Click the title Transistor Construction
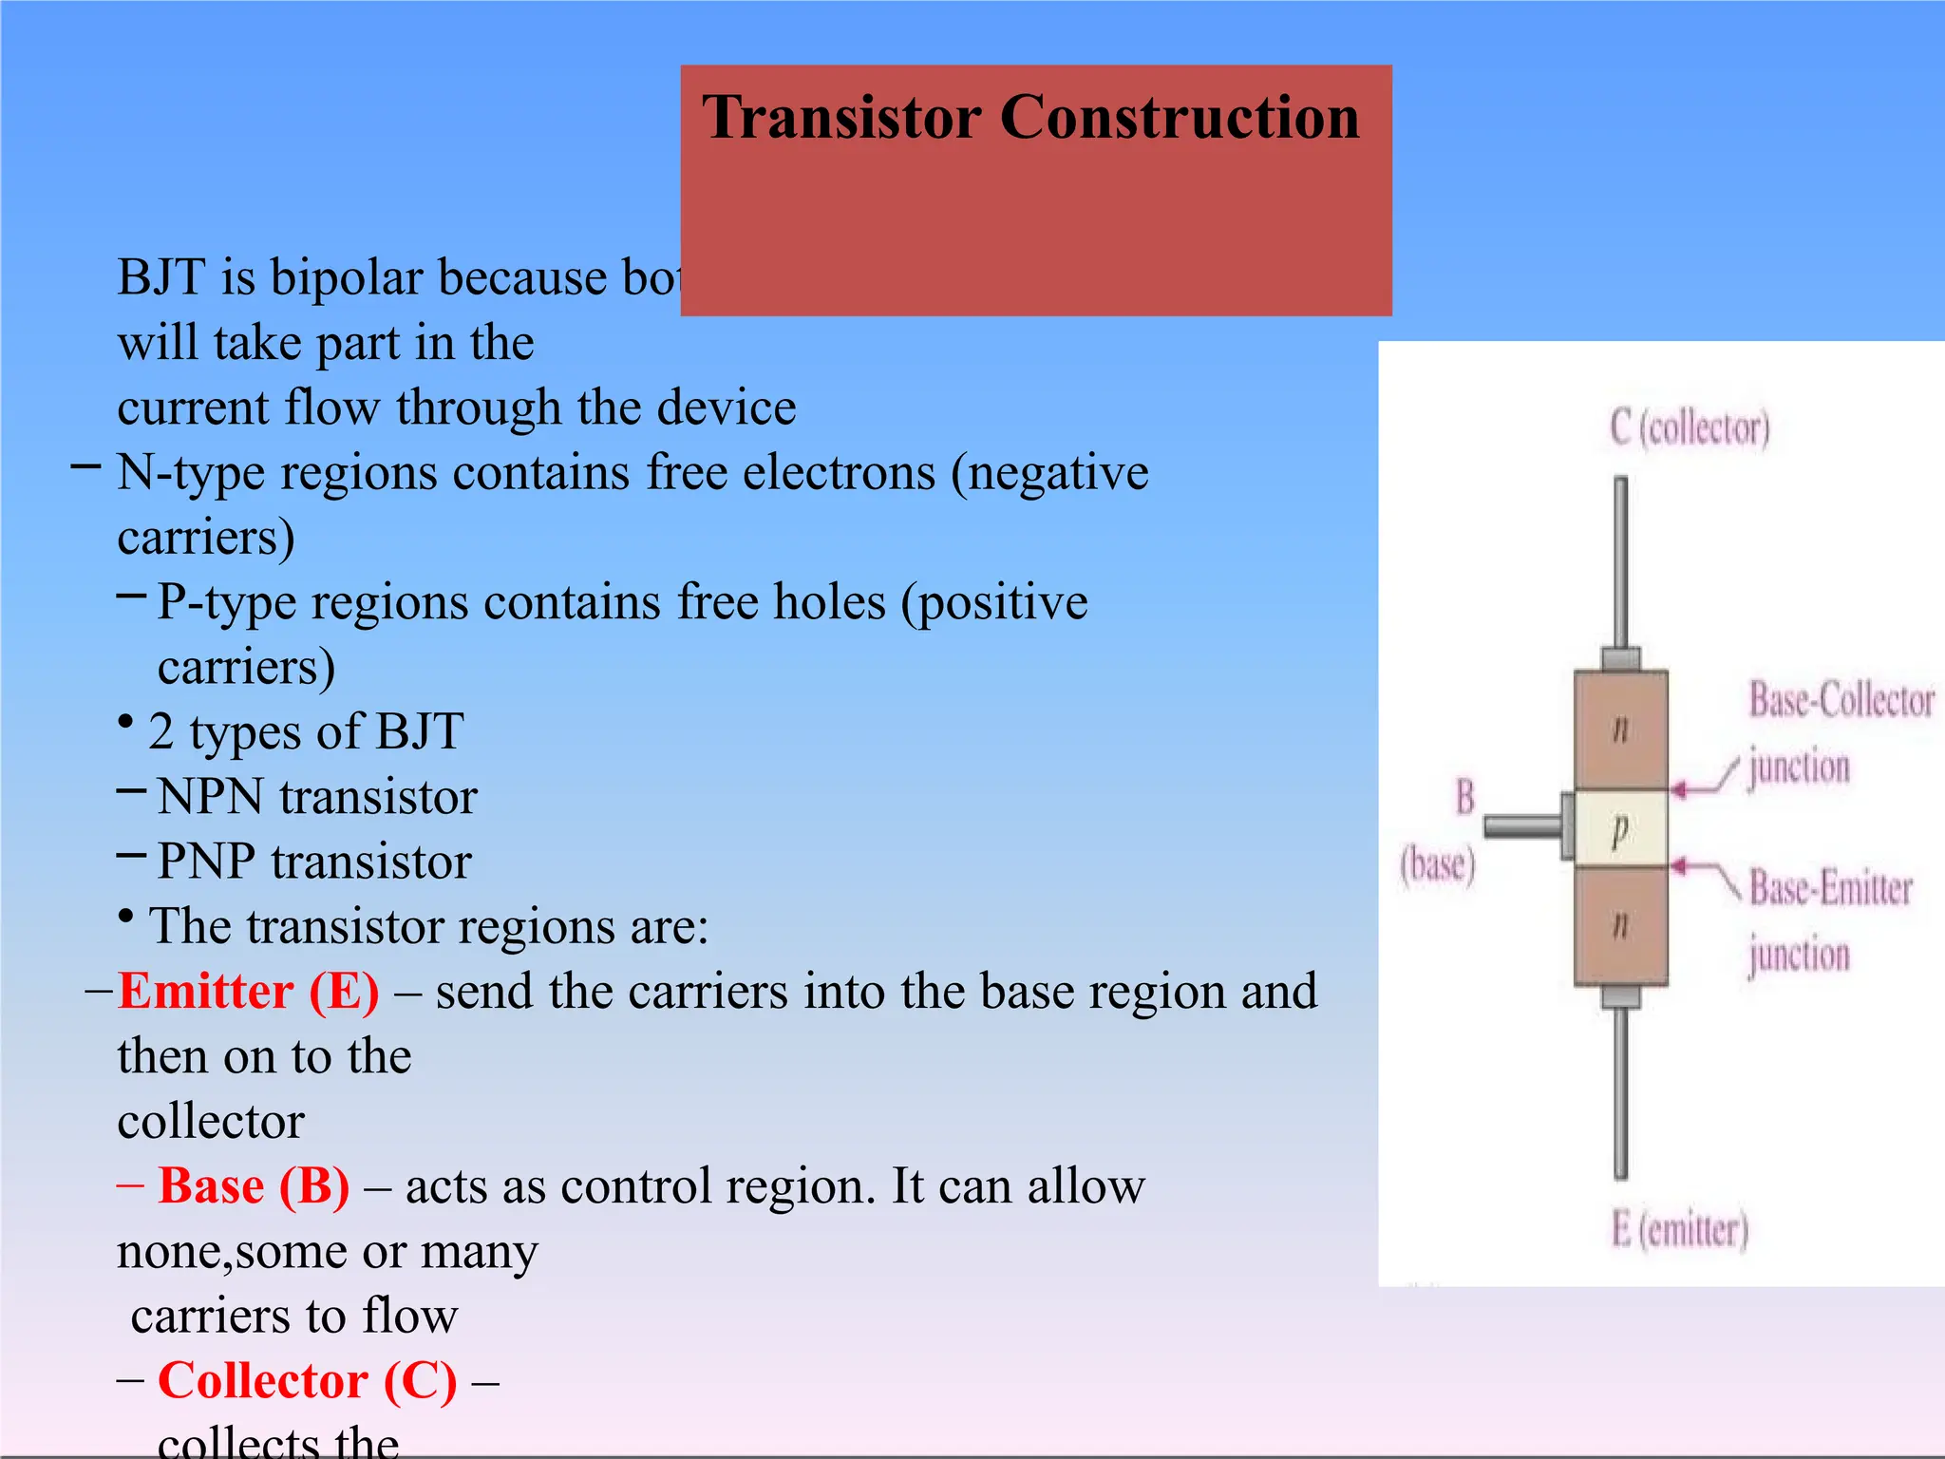[1030, 118]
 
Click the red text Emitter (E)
[249, 992]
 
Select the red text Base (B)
[254, 1186]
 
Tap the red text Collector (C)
[307, 1381]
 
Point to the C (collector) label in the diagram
[1690, 427]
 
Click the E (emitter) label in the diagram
[1679, 1230]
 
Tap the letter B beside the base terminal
[1465, 796]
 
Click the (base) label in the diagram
[1437, 865]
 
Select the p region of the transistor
[1620, 829]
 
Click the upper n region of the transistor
[1620, 729]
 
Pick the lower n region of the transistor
[1620, 923]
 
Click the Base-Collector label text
[1841, 701]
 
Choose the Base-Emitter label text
[1830, 889]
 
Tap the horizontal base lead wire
[1522, 826]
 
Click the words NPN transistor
[316, 797]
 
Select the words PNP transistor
[313, 862]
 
